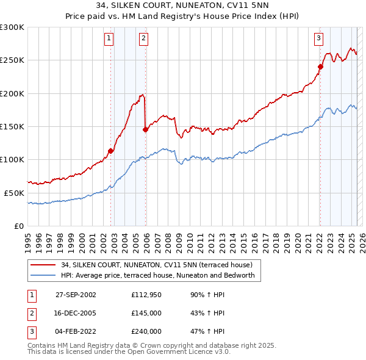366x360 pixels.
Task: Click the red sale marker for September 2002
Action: (x=110, y=151)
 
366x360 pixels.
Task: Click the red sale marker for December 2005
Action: (x=145, y=129)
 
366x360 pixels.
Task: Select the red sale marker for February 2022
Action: (x=320, y=67)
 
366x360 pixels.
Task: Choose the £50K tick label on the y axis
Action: (x=14, y=193)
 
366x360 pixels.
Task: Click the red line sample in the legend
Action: (x=42, y=265)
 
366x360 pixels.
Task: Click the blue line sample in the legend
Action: (x=42, y=276)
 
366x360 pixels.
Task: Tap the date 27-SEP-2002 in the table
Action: (x=76, y=295)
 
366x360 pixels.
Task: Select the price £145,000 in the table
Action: (x=146, y=314)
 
